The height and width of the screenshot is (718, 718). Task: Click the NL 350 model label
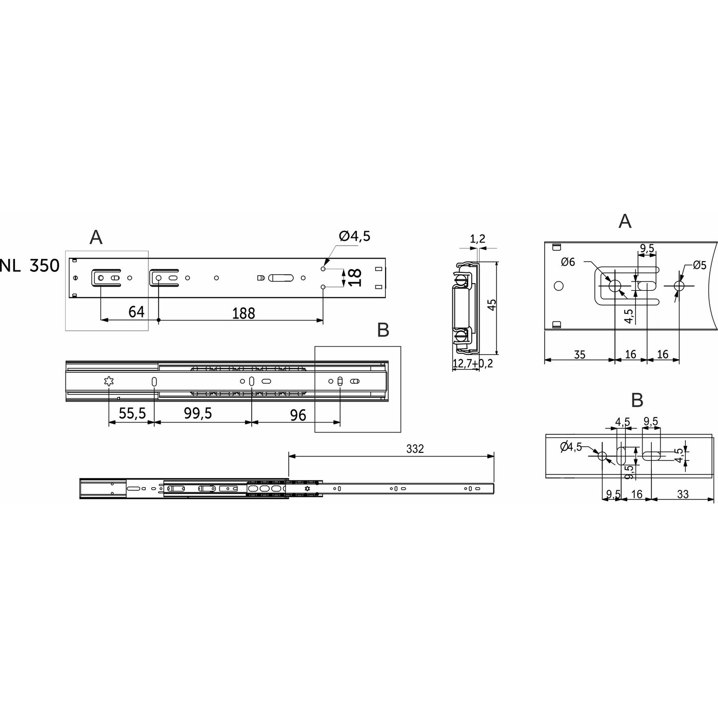(x=30, y=266)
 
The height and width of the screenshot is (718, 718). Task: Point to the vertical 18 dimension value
(x=355, y=278)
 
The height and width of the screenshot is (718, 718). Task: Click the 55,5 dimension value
(x=132, y=413)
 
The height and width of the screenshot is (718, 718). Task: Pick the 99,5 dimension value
(x=198, y=413)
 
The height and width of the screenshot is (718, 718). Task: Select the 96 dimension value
(x=298, y=414)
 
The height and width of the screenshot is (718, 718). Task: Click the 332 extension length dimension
(x=415, y=449)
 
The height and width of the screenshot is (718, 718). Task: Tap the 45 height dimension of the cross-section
(x=491, y=305)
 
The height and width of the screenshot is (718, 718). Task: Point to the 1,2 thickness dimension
(x=477, y=238)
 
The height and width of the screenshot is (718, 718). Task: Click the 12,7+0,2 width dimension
(x=473, y=364)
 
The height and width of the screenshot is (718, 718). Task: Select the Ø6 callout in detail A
(x=568, y=262)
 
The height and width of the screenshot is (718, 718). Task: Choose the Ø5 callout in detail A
(x=700, y=265)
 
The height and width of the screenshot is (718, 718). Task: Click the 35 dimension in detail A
(x=580, y=354)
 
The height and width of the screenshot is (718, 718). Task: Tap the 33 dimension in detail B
(x=683, y=494)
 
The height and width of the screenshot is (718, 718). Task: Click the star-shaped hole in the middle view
(x=108, y=381)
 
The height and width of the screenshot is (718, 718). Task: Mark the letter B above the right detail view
(x=637, y=401)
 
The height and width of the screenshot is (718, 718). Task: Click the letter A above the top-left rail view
(x=96, y=237)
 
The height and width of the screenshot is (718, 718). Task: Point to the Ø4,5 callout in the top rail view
(x=354, y=236)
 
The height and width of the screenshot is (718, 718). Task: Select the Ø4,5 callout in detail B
(x=571, y=447)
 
